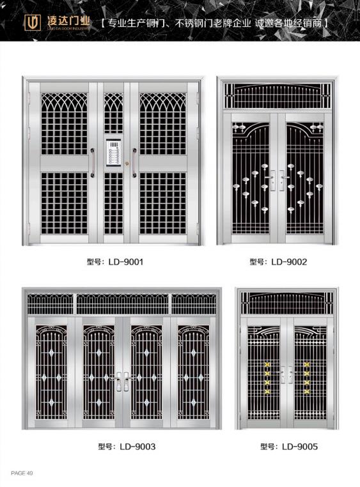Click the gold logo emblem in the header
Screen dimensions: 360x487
[x=33, y=22]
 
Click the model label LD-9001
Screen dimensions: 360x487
[x=115, y=262]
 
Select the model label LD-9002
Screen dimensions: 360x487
[x=278, y=262]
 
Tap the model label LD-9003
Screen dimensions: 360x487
[x=127, y=447]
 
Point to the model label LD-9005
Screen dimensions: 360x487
[x=289, y=447]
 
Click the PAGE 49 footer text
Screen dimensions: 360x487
[x=22, y=473]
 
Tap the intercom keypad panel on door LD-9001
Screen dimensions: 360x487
[x=113, y=152]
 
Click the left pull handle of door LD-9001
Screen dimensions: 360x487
[x=93, y=163]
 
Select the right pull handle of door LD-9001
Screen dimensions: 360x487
[x=134, y=163]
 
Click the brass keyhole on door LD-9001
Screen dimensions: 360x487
[x=127, y=163]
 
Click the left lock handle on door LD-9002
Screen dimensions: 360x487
[x=271, y=180]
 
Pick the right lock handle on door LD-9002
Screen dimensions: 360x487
[x=283, y=180]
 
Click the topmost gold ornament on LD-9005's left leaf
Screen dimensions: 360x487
[x=267, y=364]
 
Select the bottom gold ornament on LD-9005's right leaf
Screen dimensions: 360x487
[x=307, y=391]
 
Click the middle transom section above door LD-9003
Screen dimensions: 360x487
[x=122, y=304]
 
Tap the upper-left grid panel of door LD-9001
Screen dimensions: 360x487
[x=65, y=124]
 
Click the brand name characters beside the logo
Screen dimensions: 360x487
[x=68, y=20]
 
